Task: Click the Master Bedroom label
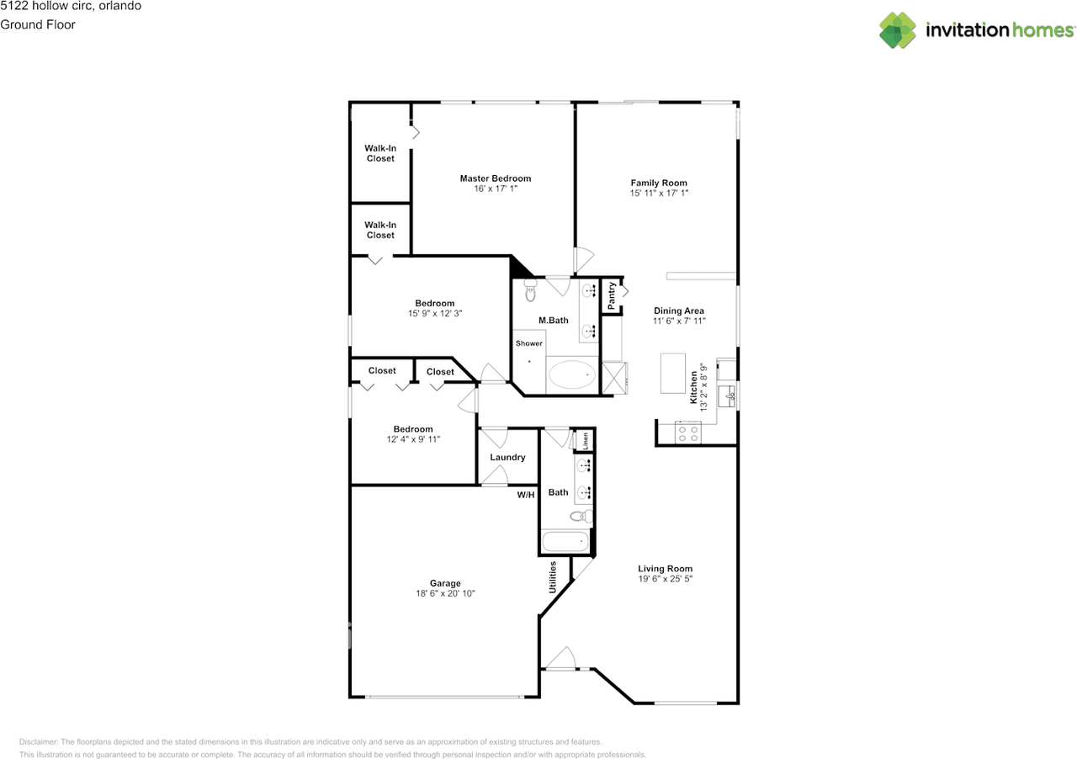496,178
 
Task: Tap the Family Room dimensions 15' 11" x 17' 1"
659,194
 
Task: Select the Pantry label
612,296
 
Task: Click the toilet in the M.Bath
530,290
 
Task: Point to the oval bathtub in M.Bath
571,374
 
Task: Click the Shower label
529,343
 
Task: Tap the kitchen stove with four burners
688,432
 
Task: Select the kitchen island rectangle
672,374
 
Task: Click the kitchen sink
727,395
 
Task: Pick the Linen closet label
585,441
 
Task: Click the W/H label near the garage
526,495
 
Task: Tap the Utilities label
553,577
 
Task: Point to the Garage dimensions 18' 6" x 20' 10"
445,593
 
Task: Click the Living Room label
665,569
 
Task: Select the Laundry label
507,458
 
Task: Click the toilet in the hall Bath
581,517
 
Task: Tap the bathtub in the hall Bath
565,542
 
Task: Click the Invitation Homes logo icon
898,29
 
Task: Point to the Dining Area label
679,310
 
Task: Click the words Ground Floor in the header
38,24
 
